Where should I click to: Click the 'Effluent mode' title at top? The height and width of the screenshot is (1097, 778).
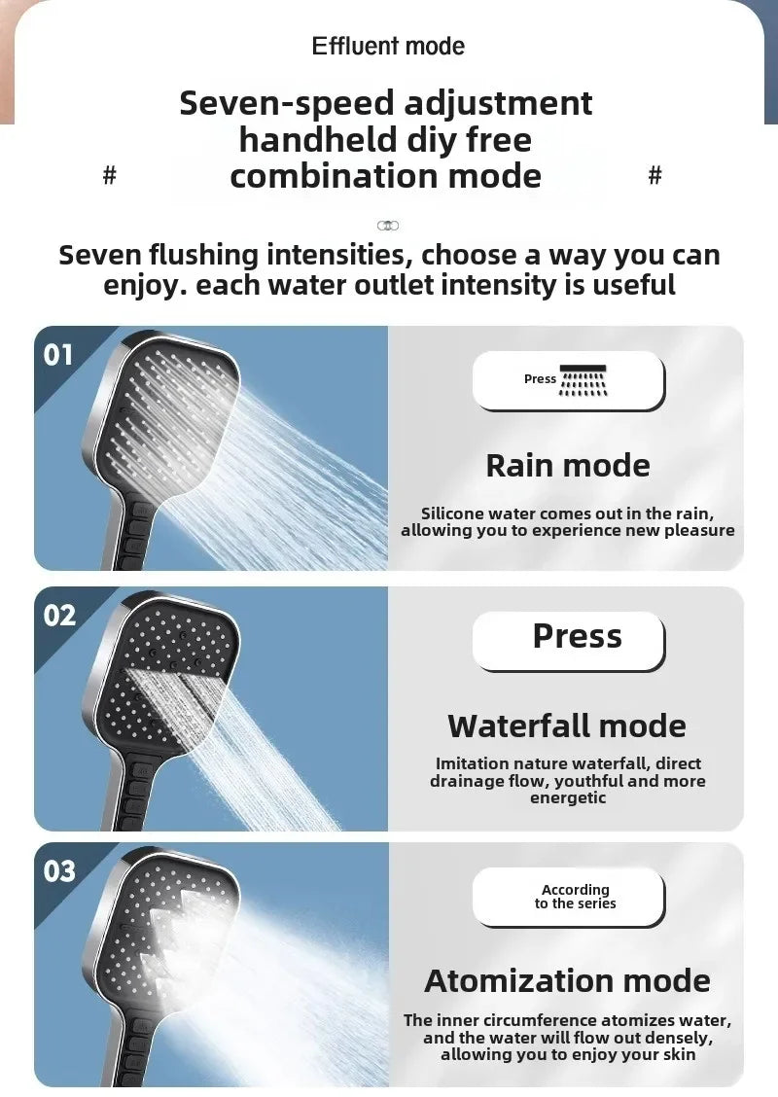pos(388,46)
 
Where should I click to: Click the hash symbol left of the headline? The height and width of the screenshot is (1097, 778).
pos(110,175)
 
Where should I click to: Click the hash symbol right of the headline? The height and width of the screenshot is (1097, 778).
pos(654,175)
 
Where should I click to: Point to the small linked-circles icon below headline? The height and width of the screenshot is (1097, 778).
pos(388,226)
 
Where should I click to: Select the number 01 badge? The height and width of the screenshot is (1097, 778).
pos(58,355)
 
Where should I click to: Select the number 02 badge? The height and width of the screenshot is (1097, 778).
pos(58,615)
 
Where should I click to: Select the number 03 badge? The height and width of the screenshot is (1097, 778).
pos(58,870)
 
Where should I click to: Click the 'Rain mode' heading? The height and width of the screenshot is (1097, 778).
pos(568,465)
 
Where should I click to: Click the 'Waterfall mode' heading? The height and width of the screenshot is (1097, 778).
pos(567,725)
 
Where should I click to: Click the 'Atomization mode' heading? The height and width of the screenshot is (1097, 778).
pos(567,980)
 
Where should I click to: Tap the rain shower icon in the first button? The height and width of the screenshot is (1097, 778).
pos(583,380)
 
